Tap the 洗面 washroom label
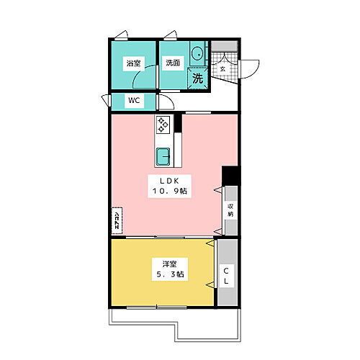172,63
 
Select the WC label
135,101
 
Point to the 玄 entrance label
222,69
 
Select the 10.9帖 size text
170,192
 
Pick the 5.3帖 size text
167,274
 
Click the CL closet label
225,276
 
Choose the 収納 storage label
230,210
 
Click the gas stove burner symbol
163,125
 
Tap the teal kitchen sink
163,155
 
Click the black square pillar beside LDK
230,176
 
